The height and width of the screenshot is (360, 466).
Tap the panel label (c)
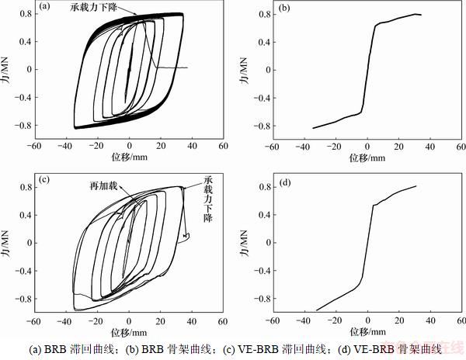pos(45,181)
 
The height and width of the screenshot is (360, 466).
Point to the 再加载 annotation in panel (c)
pos(104,186)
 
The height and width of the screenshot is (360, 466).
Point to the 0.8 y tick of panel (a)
pos(25,13)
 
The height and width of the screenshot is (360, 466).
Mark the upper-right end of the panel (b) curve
pos(420,14)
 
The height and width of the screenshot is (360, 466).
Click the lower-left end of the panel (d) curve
pos(316,310)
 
